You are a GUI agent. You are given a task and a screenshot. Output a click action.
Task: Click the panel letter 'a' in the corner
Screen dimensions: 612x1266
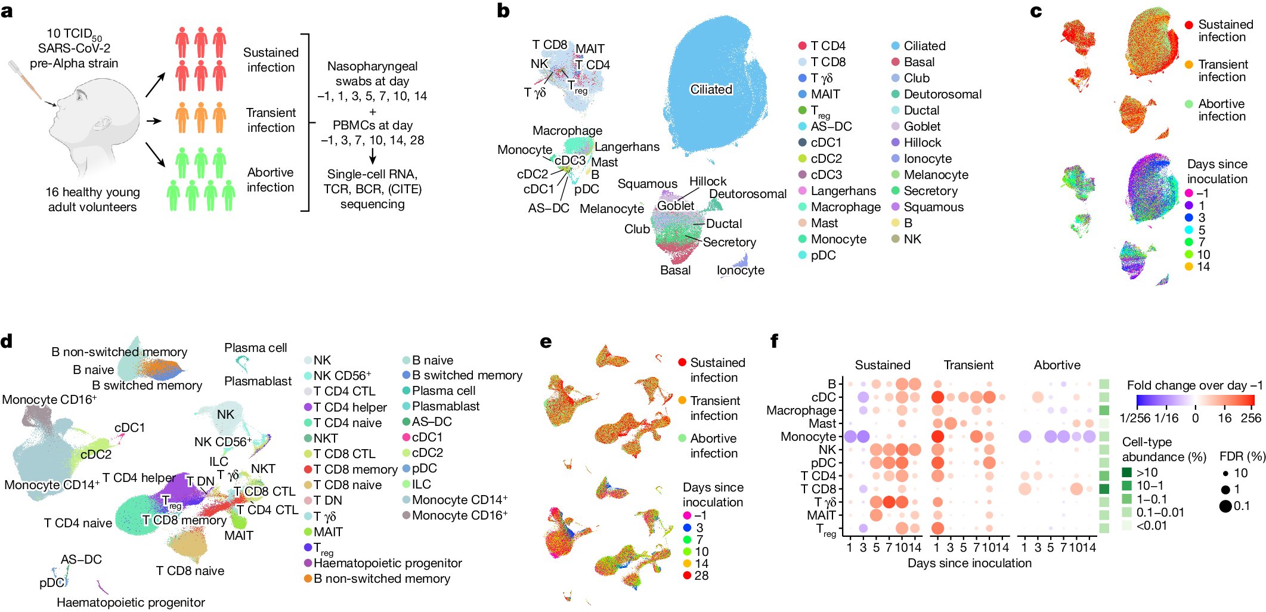(7, 11)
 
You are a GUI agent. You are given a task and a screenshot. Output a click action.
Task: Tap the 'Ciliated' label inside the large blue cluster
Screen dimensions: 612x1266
(711, 89)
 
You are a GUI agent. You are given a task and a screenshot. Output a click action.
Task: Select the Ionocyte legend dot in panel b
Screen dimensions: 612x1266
(896, 159)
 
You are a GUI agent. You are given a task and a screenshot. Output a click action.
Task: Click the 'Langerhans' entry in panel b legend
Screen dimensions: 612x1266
(843, 191)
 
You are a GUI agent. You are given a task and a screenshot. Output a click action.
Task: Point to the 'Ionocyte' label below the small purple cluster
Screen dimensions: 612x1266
(740, 270)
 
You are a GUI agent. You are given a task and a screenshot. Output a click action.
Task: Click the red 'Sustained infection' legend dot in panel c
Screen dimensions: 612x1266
(1188, 25)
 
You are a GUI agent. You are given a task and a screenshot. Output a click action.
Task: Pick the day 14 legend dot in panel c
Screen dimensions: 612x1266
(1188, 267)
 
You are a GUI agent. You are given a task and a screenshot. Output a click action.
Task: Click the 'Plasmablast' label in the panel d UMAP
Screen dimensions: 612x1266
(258, 381)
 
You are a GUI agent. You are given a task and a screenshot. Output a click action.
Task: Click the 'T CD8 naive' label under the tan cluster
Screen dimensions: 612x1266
(190, 571)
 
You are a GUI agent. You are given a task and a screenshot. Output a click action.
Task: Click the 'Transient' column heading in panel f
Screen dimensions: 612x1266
(968, 365)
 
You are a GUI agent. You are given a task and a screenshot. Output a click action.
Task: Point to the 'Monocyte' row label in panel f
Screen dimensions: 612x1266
(808, 437)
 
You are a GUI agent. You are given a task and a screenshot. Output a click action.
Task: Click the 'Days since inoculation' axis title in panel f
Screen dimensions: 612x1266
(969, 563)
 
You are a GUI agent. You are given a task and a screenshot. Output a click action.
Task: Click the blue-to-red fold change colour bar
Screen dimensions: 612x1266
(1195, 400)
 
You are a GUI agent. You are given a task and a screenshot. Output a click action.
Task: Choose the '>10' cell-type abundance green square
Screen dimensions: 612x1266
(1127, 472)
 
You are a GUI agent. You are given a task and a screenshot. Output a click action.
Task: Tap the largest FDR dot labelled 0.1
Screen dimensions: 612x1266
(1225, 506)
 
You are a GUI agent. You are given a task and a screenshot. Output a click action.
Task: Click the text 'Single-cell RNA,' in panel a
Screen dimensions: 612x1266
(372, 174)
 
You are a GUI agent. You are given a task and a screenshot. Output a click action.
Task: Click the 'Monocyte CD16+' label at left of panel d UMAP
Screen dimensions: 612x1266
(49, 400)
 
